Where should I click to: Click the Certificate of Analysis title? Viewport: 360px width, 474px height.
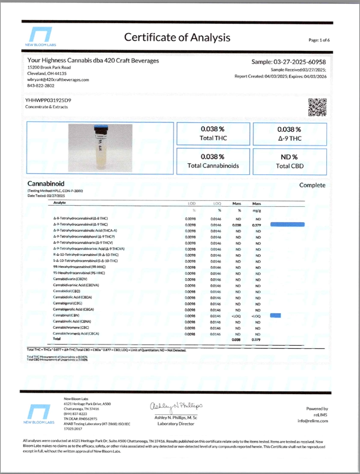pyautogui.click(x=177, y=37)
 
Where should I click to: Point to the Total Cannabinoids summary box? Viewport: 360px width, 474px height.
pyautogui.click(x=213, y=161)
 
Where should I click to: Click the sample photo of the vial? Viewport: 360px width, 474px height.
pyautogui.click(x=100, y=148)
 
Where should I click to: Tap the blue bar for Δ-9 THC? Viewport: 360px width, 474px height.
pyautogui.click(x=287, y=225)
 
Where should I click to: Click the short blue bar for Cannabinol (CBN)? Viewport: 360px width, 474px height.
pyautogui.click(x=275, y=316)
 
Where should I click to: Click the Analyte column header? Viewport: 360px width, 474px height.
pyautogui.click(x=60, y=203)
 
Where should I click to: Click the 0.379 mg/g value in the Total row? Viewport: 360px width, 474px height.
pyautogui.click(x=257, y=340)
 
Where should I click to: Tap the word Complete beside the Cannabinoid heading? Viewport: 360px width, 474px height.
pyautogui.click(x=312, y=185)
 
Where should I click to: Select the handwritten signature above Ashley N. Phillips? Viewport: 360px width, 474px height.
pyautogui.click(x=179, y=407)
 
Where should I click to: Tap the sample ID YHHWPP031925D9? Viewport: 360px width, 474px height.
pyautogui.click(x=49, y=100)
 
